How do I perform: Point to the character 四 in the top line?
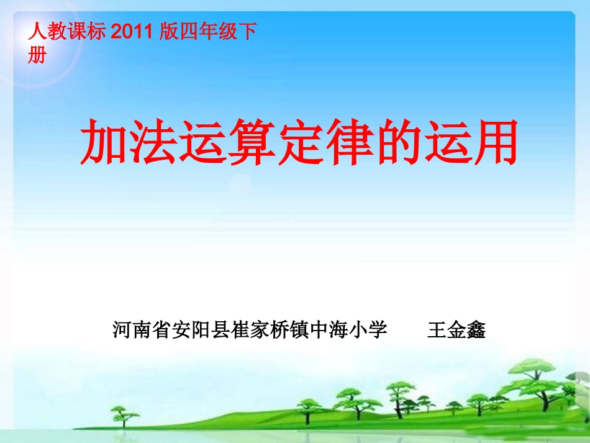tap(190, 32)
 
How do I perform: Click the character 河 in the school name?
tap(122, 330)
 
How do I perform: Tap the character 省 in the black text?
tap(162, 330)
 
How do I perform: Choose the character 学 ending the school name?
tap(378, 330)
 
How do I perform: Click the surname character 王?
tap(437, 330)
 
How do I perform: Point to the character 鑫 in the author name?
tap(476, 330)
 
